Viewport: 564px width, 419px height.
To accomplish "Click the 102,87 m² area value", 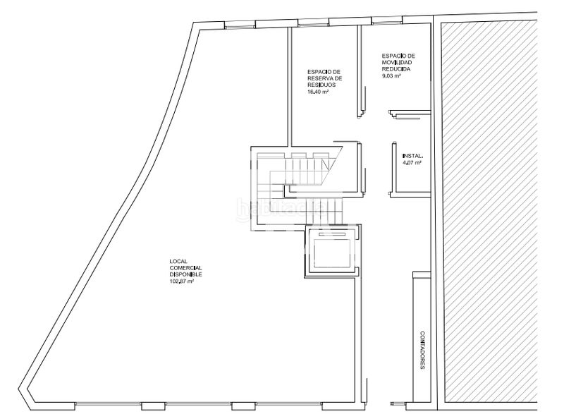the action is pyautogui.click(x=181, y=281).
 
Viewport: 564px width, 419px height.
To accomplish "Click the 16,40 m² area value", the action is pyautogui.click(x=318, y=92).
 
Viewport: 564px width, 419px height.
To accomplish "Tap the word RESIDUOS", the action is pyautogui.click(x=321, y=85).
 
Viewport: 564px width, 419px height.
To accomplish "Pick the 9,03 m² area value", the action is pyautogui.click(x=391, y=76).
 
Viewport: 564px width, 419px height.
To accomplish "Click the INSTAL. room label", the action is pyautogui.click(x=412, y=156).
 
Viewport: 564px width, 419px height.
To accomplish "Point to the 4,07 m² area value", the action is pyautogui.click(x=412, y=163).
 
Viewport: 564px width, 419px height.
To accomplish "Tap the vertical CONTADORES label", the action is pyautogui.click(x=423, y=351).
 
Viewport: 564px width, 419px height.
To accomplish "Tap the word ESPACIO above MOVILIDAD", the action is pyautogui.click(x=393, y=56).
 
